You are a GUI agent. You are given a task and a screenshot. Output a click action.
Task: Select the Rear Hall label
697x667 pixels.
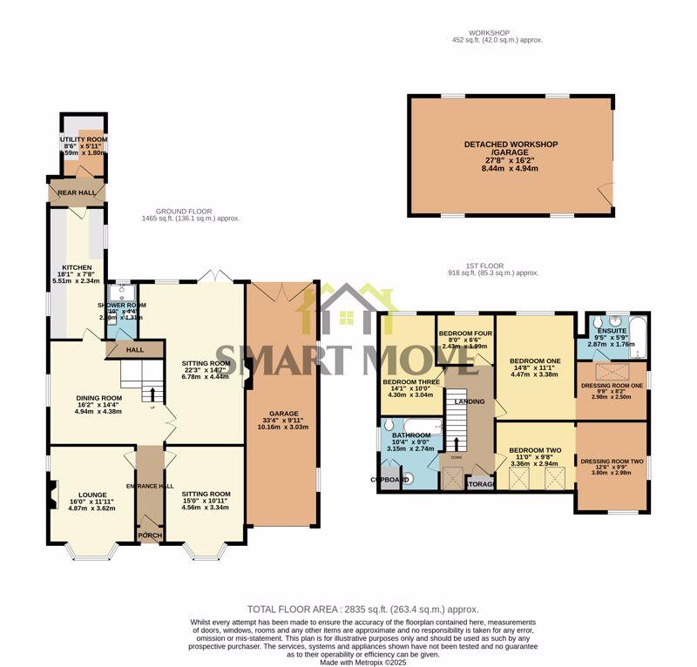tap(76, 193)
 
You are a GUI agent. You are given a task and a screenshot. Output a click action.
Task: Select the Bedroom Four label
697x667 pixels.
tap(463, 333)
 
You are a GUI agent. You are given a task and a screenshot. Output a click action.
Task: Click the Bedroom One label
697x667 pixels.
tap(534, 361)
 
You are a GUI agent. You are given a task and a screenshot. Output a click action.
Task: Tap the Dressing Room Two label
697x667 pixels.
tap(612, 462)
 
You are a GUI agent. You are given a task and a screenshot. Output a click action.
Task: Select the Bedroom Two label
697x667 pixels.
tap(534, 450)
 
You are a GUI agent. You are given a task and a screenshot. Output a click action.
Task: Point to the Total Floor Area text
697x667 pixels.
tap(362, 610)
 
